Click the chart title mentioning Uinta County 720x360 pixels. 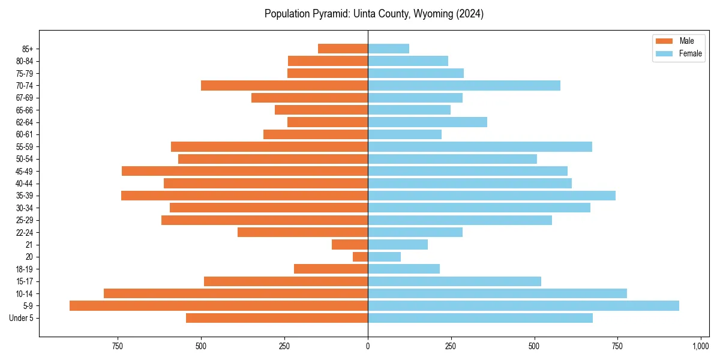click(x=374, y=14)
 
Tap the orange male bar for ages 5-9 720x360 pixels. click(x=218, y=306)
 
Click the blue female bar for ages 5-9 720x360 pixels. click(x=523, y=306)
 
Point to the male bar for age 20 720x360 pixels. click(x=360, y=257)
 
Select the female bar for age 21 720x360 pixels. click(x=398, y=245)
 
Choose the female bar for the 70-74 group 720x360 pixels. click(x=464, y=86)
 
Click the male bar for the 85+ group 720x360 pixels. click(x=343, y=49)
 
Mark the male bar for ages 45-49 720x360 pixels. click(x=245, y=171)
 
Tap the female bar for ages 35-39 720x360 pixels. click(x=491, y=196)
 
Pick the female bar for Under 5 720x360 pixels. click(x=480, y=318)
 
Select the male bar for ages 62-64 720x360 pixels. click(x=328, y=122)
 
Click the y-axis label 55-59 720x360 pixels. click(x=24, y=147)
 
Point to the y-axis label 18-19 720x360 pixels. click(x=24, y=269)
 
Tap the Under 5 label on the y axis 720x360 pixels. click(x=22, y=318)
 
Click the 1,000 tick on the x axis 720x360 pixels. click(x=700, y=346)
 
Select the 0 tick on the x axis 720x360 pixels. click(x=368, y=346)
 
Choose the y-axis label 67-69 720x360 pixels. click(x=24, y=98)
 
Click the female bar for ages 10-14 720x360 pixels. click(x=497, y=293)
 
